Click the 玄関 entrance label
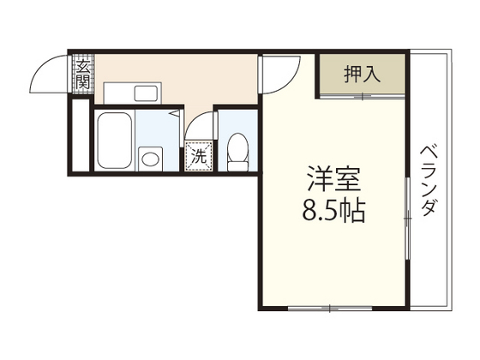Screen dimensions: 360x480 [x=82, y=74]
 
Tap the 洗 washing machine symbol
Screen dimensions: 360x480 [x=198, y=156]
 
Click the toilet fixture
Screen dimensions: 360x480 [x=237, y=151]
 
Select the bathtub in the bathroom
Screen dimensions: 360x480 [x=112, y=141]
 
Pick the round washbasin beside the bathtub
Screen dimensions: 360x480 [x=152, y=157]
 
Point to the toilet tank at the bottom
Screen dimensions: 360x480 [x=237, y=165]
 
